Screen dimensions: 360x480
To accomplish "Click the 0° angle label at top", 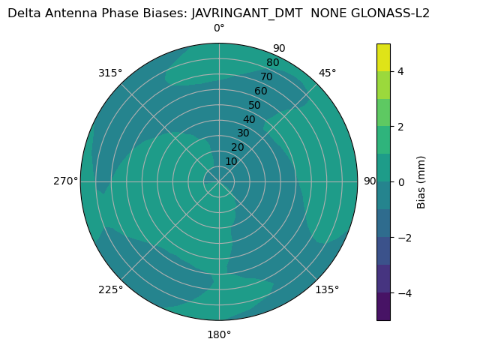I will [x=219, y=28].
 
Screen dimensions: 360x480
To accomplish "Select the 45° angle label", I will [x=327, y=73].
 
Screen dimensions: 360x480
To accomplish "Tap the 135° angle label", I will [x=327, y=289].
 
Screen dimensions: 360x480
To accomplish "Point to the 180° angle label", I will [x=219, y=334].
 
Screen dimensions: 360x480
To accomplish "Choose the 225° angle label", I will [x=110, y=289].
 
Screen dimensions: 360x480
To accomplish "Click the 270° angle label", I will [x=65, y=181].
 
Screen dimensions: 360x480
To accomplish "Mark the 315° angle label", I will [x=110, y=73].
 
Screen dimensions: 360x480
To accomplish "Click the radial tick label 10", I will [x=231, y=161].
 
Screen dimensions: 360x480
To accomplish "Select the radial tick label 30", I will [x=243, y=133].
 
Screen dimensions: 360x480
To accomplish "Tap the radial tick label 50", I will [x=254, y=106].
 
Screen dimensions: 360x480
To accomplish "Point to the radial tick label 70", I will [x=266, y=77].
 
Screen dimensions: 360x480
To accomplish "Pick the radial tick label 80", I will [x=272, y=63].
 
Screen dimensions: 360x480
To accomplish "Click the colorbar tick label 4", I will [x=400, y=71].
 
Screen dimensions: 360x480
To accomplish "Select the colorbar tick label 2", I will [x=400, y=127].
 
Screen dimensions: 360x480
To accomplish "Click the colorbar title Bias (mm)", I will [x=421, y=181].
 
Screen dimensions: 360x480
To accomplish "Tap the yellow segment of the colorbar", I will [x=383, y=57].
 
